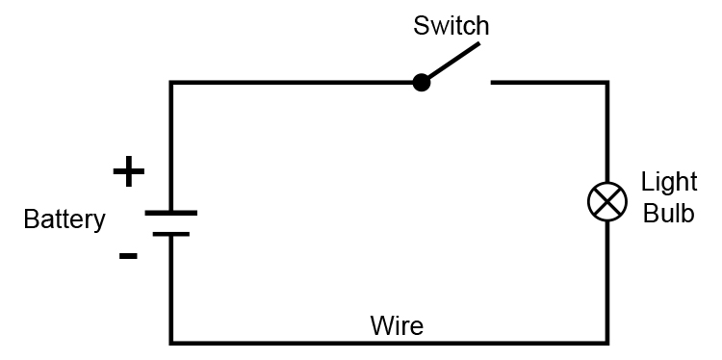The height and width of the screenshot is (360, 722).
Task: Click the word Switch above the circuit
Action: point(451,26)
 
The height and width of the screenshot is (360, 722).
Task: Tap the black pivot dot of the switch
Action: point(421,83)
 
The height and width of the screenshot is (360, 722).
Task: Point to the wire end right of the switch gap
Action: point(495,83)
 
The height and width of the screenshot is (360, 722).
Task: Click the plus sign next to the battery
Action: point(128,172)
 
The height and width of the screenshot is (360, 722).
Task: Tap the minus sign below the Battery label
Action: point(127,256)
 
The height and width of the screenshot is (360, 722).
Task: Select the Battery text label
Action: point(64,219)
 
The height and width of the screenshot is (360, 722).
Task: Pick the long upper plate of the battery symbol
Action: point(171,213)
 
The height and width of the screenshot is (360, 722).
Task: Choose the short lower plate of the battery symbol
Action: point(171,234)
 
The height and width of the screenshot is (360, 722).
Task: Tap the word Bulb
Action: point(668,214)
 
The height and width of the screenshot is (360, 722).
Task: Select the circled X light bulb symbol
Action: point(606,201)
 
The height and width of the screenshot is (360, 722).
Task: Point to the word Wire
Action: point(397,324)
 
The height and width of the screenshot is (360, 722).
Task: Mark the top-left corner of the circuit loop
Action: point(171,83)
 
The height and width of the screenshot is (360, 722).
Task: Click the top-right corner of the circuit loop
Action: point(606,83)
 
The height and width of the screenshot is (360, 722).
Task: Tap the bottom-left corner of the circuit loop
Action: point(171,342)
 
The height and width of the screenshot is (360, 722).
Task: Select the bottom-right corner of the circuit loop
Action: point(606,342)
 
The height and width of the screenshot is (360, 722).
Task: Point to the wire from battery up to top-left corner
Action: point(171,144)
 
